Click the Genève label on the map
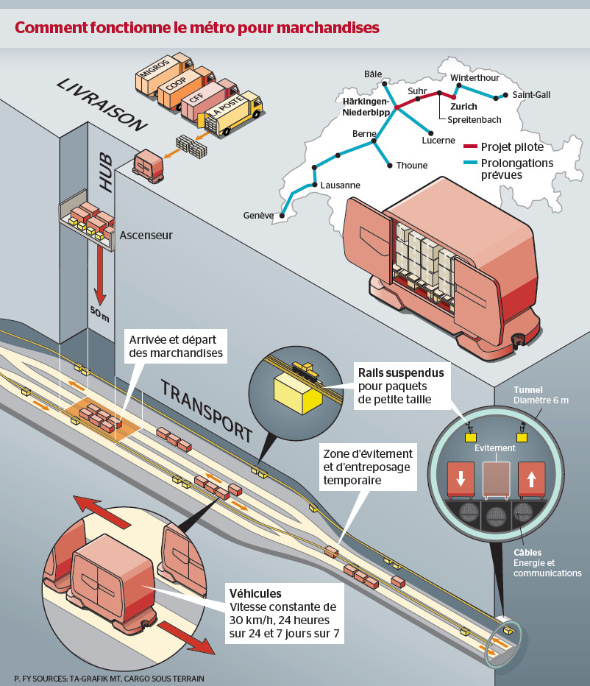(x=258, y=216)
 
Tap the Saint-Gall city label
(x=531, y=95)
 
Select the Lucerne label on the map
(x=438, y=141)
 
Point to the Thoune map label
(x=411, y=166)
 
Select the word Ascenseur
(x=146, y=236)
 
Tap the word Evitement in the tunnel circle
(x=495, y=448)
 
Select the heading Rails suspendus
(x=401, y=372)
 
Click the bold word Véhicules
(x=255, y=593)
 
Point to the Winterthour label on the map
(x=475, y=77)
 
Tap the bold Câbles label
(x=528, y=552)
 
